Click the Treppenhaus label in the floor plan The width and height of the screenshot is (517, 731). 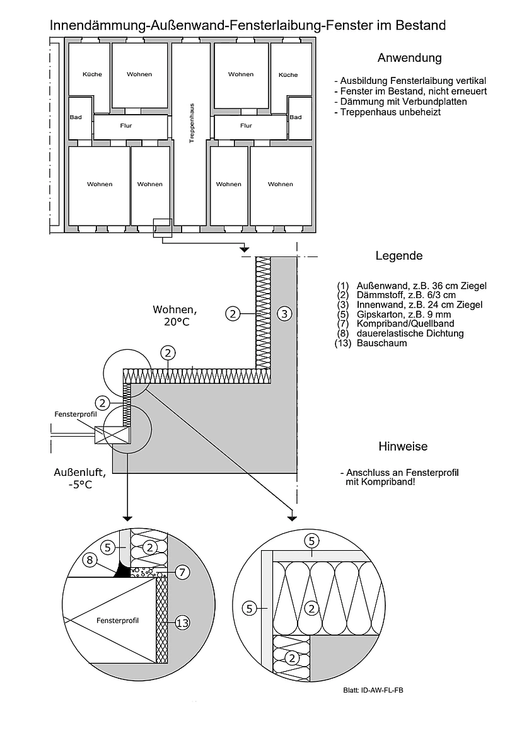pos(192,123)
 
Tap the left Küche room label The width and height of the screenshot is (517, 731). pos(92,74)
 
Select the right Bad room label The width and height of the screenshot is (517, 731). pos(295,117)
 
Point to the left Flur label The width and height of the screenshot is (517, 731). pos(126,125)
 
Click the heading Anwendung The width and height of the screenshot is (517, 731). pos(409,58)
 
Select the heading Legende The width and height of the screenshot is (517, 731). pos(399,255)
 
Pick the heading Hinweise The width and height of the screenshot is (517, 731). pos(403,446)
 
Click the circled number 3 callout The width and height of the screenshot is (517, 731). pos(284,314)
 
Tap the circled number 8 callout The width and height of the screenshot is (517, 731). pos(90,560)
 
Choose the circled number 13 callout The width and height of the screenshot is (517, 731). pos(182,623)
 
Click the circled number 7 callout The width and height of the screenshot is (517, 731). pos(182,572)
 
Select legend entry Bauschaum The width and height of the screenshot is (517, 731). pos(381,343)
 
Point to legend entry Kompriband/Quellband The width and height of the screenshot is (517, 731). pos(405,323)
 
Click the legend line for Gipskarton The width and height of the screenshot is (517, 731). pos(404,314)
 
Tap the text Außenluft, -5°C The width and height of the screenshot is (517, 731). pos(80,478)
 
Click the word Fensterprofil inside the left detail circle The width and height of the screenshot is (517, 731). pos(117,621)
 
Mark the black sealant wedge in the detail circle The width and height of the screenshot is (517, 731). pos(122,570)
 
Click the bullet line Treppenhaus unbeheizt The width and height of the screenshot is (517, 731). pos(387,112)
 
